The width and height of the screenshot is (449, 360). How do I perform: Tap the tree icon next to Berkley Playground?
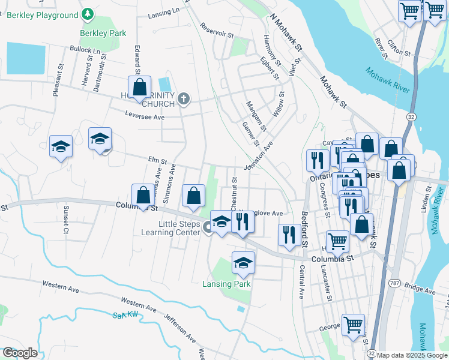[x=88, y=13]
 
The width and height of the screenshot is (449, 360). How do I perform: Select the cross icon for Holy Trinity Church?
[x=184, y=98]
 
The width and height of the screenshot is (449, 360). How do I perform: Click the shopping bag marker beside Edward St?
[x=139, y=87]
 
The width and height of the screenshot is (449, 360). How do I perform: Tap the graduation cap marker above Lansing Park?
[x=243, y=263]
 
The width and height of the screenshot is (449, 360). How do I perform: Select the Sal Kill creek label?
[x=125, y=315]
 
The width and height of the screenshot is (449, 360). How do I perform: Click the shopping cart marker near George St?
[x=354, y=325]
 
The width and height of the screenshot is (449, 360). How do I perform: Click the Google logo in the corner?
[x=19, y=353]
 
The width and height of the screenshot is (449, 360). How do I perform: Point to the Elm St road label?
[x=157, y=160]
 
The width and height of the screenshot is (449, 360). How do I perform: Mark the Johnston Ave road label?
[x=258, y=155]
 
